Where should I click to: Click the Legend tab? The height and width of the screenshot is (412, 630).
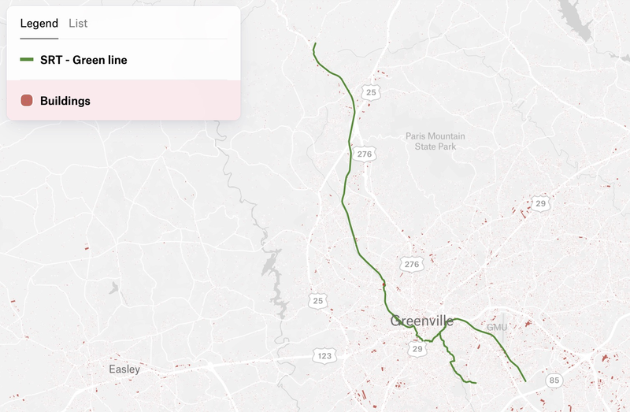pyautogui.click(x=39, y=24)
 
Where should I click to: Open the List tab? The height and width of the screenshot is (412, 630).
pyautogui.click(x=78, y=24)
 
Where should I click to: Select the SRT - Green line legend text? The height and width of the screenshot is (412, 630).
pyautogui.click(x=83, y=60)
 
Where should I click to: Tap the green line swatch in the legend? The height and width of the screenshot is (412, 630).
pyautogui.click(x=27, y=60)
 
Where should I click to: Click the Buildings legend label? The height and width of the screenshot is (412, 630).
pyautogui.click(x=65, y=101)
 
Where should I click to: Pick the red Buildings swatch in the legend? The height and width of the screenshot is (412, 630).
pyautogui.click(x=27, y=101)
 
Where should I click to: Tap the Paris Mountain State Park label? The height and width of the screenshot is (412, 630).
pyautogui.click(x=435, y=141)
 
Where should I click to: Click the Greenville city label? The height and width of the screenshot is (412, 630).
pyautogui.click(x=422, y=321)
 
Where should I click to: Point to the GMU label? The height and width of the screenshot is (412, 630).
pyautogui.click(x=497, y=327)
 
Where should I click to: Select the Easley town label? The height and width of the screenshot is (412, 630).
pyautogui.click(x=124, y=369)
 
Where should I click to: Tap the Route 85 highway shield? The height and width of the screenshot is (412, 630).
pyautogui.click(x=553, y=381)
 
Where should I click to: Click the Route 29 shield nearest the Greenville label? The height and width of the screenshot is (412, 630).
pyautogui.click(x=417, y=348)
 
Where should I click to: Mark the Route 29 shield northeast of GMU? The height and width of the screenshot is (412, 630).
pyautogui.click(x=539, y=204)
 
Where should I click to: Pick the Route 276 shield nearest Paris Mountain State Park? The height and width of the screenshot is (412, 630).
pyautogui.click(x=363, y=154)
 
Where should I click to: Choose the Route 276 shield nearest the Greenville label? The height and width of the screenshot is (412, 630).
pyautogui.click(x=410, y=265)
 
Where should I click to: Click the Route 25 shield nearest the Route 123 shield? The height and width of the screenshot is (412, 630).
pyautogui.click(x=317, y=301)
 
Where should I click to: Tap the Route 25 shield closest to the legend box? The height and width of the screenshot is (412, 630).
pyautogui.click(x=371, y=93)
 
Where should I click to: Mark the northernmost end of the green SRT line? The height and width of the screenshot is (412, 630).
pyautogui.click(x=315, y=43)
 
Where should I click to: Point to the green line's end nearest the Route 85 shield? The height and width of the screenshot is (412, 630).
pyautogui.click(x=525, y=381)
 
